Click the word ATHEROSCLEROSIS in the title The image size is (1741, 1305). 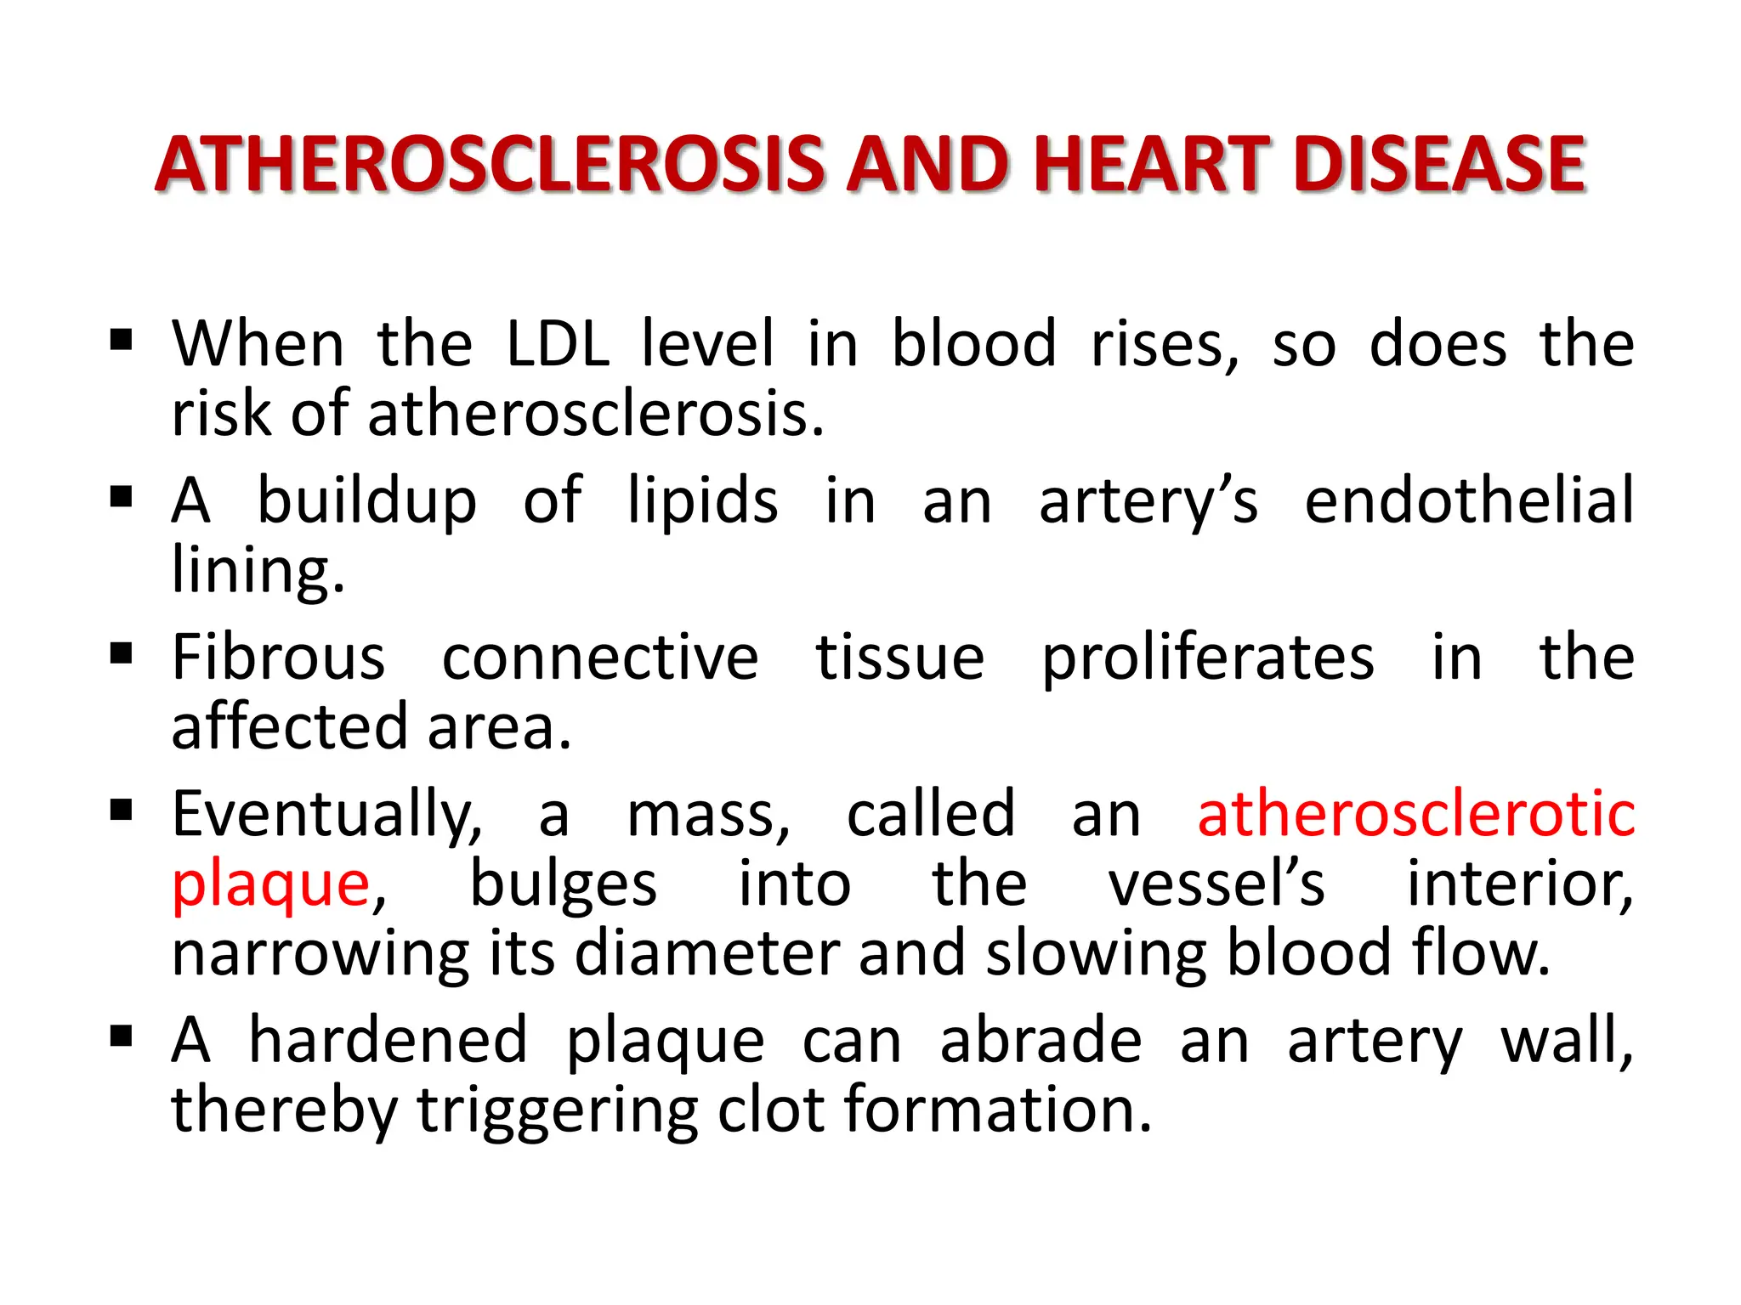pos(489,164)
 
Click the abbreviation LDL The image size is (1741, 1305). pos(557,344)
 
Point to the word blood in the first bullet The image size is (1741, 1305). pos(973,344)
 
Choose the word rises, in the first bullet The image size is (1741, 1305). pos(1165,344)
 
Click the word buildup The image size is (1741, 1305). pos(366,501)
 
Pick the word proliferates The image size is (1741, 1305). pos(1208,658)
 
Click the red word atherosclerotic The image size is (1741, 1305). pos(1416,814)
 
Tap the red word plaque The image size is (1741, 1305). pos(270,885)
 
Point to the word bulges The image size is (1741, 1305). pos(564,885)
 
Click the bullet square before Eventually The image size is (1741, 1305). pos(122,810)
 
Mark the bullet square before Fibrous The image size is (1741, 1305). pos(122,653)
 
